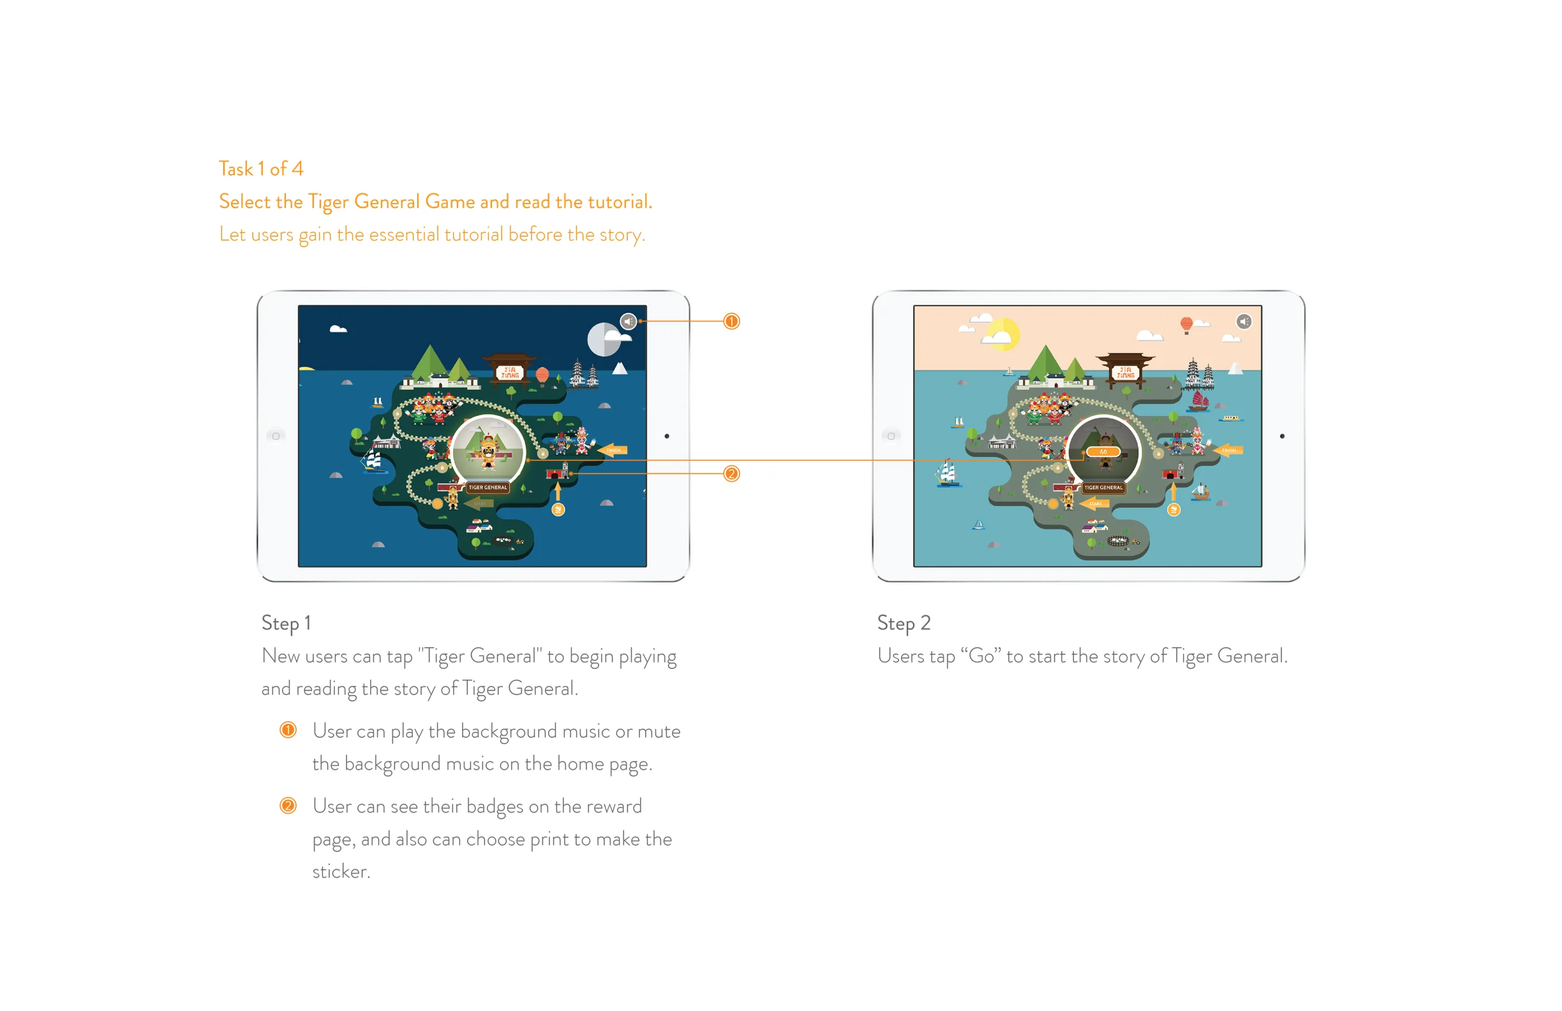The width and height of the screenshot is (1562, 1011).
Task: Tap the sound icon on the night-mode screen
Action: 628,322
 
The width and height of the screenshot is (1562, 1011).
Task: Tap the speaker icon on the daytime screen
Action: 1244,322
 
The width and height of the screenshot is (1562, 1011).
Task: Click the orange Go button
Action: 1103,452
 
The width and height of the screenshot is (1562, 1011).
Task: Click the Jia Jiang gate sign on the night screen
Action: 510,372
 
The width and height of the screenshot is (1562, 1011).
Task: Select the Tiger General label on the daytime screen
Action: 1103,488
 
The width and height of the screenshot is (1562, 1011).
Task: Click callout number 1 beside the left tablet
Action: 731,322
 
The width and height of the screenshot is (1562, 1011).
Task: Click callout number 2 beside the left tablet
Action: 731,474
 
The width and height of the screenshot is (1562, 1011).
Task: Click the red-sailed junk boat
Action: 1199,401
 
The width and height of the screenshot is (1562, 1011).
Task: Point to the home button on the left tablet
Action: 276,436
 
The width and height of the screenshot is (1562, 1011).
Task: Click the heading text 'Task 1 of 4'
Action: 260,169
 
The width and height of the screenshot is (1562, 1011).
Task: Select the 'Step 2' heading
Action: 904,623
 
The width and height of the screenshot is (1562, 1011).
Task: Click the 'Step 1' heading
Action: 286,623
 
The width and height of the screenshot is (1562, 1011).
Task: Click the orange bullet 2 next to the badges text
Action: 288,805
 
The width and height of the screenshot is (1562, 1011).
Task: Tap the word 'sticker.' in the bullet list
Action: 341,871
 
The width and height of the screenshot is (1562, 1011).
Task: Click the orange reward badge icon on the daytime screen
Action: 1173,510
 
